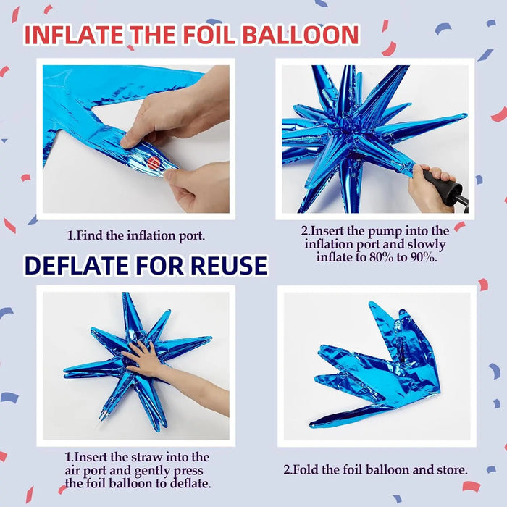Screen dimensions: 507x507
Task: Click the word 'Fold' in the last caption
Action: point(309,469)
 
